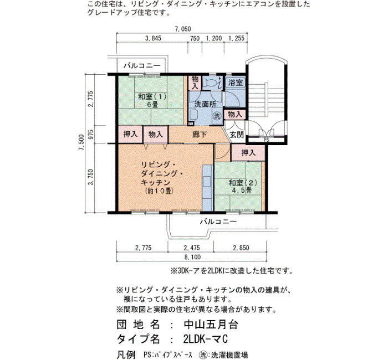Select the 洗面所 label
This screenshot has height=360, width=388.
pos(205,104)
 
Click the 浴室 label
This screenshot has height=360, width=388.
pos(236,83)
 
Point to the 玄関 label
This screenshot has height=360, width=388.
pos(237,135)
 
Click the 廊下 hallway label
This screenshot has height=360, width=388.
pos(200,135)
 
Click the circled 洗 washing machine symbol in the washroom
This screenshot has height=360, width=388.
pos(217,116)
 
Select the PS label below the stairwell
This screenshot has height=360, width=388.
pos(266,140)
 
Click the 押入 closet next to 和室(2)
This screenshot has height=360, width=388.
pos(248,153)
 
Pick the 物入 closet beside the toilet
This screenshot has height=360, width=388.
pos(195,83)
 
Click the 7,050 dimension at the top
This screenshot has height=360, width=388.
pos(183,29)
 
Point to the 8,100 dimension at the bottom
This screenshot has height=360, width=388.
pos(192,257)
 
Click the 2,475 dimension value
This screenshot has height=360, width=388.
pos(192,248)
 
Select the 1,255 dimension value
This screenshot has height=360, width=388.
pos(236,38)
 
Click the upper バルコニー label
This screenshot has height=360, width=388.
pos(142,66)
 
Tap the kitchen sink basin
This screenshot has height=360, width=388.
pos(207,182)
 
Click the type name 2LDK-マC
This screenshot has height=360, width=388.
pos(206,339)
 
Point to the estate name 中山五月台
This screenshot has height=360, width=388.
pos(211,325)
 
